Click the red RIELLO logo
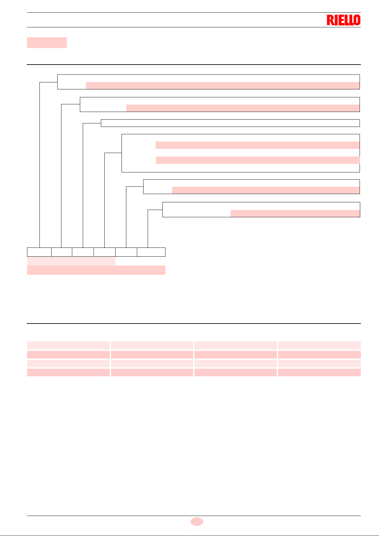click(343, 20)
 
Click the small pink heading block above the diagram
click(47, 43)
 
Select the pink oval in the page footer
click(197, 521)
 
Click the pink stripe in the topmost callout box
click(223, 86)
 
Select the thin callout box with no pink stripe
click(230, 123)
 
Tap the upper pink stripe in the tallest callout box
click(257, 145)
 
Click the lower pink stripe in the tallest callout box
click(257, 160)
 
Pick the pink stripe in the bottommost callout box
click(295, 213)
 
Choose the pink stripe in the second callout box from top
click(243, 108)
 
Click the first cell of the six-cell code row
click(39, 252)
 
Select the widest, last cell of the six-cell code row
click(151, 252)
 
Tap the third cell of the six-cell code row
click(83, 252)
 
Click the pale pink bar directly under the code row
click(71, 261)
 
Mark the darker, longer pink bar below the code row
click(96, 270)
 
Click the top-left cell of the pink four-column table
click(68, 345)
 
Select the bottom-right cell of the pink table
click(319, 372)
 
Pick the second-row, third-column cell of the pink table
click(235, 355)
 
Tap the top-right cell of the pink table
click(319, 345)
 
